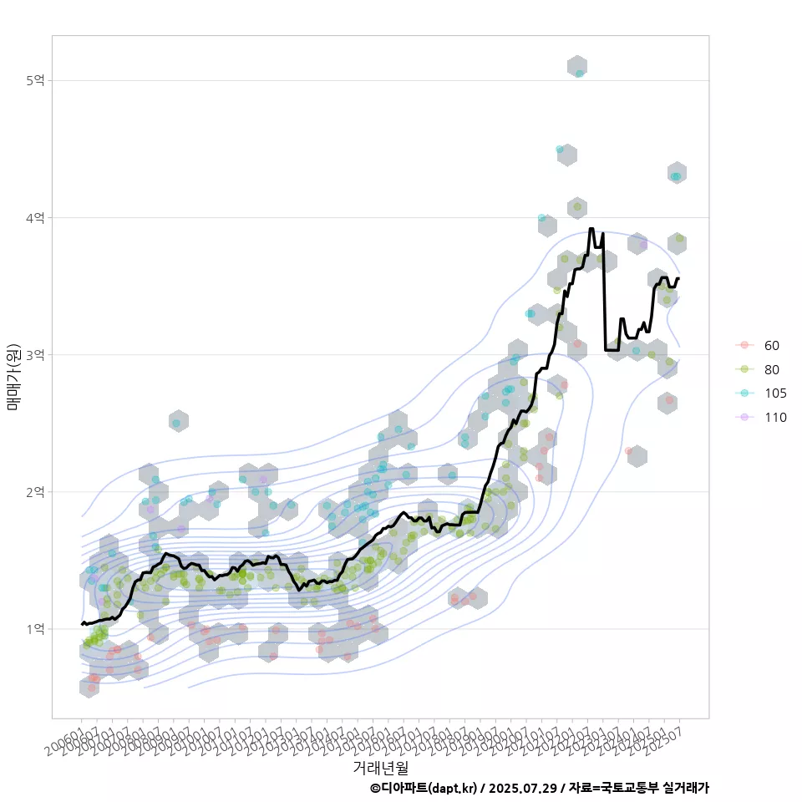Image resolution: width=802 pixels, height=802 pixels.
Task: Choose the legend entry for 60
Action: coord(771,346)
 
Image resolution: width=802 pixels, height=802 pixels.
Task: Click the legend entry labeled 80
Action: coord(771,369)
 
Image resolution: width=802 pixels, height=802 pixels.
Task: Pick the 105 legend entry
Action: coord(774,393)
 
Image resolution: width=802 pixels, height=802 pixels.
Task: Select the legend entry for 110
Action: coord(774,417)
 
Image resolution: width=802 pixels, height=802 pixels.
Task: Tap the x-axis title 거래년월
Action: coord(380,766)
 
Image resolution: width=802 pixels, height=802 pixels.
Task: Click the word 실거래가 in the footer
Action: coord(685,788)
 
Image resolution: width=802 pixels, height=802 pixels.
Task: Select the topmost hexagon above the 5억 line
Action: coord(576,67)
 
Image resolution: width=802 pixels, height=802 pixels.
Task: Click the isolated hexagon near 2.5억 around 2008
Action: coord(178,422)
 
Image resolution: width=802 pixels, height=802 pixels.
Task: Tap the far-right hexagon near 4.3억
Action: coord(677,174)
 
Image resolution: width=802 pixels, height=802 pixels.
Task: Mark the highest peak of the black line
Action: coord(591,228)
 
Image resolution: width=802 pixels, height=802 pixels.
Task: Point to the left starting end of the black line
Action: coord(82,623)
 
